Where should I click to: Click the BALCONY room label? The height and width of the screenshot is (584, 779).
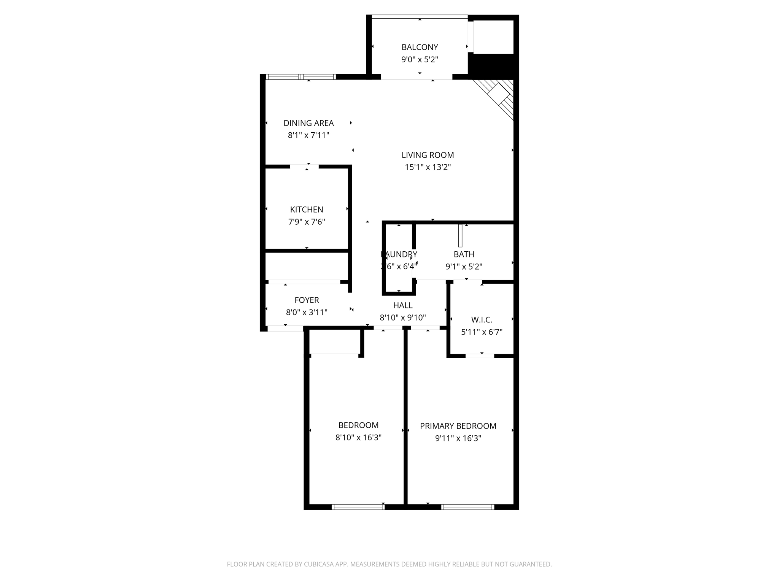(x=420, y=47)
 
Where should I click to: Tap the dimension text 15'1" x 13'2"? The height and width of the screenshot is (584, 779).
(x=428, y=167)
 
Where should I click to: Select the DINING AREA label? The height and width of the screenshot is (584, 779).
(x=308, y=123)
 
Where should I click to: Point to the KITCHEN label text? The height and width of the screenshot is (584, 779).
(x=307, y=209)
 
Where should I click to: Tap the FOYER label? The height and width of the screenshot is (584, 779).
(x=307, y=300)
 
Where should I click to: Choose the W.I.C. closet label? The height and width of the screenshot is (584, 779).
(x=482, y=320)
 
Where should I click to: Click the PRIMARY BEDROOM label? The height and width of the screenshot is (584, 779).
(x=458, y=426)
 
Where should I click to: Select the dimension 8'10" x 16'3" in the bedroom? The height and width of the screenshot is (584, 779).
(x=358, y=438)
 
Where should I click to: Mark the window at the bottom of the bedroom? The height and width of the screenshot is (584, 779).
(x=358, y=507)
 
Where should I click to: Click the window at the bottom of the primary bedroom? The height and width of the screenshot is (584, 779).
(x=467, y=507)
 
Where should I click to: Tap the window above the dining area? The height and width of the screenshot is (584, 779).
(x=300, y=77)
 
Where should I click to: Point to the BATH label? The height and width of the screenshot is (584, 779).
(x=464, y=254)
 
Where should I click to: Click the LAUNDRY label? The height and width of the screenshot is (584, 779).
(x=399, y=254)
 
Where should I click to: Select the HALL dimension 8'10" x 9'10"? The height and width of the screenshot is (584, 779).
(x=402, y=317)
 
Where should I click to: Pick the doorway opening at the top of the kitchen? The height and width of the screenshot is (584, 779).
(x=304, y=167)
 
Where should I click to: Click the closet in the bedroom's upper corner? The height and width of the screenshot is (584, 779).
(x=335, y=341)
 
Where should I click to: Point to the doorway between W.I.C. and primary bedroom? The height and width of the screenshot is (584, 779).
(x=480, y=356)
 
